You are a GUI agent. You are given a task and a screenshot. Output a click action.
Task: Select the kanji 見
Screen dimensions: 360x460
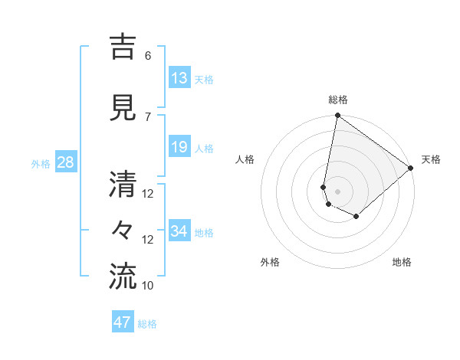124,107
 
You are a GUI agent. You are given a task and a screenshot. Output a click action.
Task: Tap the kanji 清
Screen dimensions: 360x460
124,185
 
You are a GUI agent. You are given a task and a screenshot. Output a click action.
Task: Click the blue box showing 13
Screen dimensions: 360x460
179,77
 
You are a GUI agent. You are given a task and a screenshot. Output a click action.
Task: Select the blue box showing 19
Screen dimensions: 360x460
179,147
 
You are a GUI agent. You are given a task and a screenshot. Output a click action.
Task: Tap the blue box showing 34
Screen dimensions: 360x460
179,231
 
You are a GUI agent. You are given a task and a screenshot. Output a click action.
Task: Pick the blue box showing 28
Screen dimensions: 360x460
66,162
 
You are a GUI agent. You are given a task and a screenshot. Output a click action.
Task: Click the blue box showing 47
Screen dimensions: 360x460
123,322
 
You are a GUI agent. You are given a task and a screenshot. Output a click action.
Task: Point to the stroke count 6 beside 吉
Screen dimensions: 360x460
148,56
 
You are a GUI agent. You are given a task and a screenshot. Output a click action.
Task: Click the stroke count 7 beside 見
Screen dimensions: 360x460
148,116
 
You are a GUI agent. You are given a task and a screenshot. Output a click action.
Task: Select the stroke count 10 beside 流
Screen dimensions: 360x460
148,286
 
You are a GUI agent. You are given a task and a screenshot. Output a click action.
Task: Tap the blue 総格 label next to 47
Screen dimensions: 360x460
147,324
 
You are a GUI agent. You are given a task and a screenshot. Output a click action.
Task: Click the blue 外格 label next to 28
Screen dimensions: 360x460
41,163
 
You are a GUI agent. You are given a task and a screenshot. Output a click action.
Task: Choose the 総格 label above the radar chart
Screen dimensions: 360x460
338,100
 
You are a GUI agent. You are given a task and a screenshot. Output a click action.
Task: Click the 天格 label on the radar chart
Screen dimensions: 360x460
431,159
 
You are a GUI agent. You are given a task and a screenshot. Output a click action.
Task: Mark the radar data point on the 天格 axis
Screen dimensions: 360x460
411,168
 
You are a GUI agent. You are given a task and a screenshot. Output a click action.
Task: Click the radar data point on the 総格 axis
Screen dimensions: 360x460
337,116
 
